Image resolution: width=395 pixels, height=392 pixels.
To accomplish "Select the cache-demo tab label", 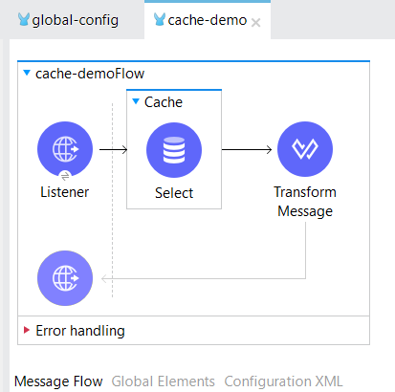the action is click(x=208, y=20).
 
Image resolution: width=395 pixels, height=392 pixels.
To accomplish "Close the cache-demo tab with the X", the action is click(x=255, y=23).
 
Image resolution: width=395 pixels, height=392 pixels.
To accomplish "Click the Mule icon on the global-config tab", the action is click(x=24, y=19).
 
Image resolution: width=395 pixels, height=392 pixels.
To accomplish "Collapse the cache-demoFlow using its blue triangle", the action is click(x=27, y=73).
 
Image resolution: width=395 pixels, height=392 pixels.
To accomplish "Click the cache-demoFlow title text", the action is click(x=90, y=74).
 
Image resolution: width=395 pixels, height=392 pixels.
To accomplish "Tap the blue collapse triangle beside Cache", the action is click(x=136, y=101).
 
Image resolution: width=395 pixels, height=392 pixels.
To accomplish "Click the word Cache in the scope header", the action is click(x=164, y=102).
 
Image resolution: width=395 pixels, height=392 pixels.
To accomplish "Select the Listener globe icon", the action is click(x=65, y=149).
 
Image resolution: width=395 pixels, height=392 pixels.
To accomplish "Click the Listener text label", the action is click(x=65, y=192).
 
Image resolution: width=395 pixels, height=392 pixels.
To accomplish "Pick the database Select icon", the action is click(x=174, y=150).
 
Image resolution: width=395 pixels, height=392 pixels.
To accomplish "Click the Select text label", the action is click(x=174, y=193).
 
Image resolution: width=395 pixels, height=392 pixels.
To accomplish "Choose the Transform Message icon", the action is click(x=305, y=149).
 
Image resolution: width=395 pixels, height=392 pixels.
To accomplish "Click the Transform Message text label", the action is click(x=305, y=202).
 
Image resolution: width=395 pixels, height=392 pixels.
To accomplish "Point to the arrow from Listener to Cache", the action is click(x=114, y=149).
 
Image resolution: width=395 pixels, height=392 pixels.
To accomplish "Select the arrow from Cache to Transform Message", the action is click(x=247, y=149).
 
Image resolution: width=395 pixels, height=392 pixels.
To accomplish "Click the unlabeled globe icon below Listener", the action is click(x=65, y=278).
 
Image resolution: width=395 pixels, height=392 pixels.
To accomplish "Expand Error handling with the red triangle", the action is click(x=27, y=330).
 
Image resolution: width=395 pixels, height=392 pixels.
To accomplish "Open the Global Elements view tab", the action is click(x=164, y=381).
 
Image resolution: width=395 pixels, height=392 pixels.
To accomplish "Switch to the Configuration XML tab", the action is click(x=283, y=381).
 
